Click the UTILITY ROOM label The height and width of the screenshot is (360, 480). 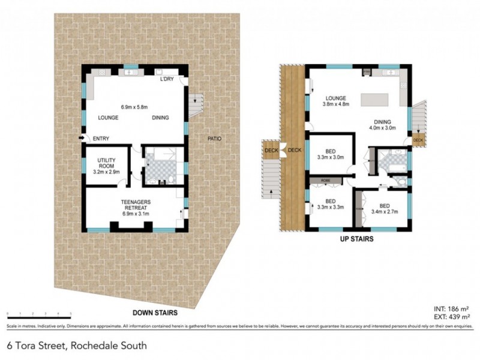(x=109, y=163)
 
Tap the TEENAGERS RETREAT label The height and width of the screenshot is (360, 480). (x=136, y=203)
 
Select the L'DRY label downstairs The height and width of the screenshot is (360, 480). (x=167, y=80)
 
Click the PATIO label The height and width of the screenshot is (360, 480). (x=214, y=139)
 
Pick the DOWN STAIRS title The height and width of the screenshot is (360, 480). (x=154, y=313)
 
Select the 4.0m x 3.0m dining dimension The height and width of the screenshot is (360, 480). (x=383, y=127)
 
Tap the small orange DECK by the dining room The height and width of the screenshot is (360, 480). (x=418, y=140)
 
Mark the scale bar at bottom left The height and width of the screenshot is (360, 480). (x=39, y=314)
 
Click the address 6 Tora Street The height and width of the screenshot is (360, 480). (x=76, y=346)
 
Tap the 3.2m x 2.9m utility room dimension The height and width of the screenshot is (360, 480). (x=109, y=172)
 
